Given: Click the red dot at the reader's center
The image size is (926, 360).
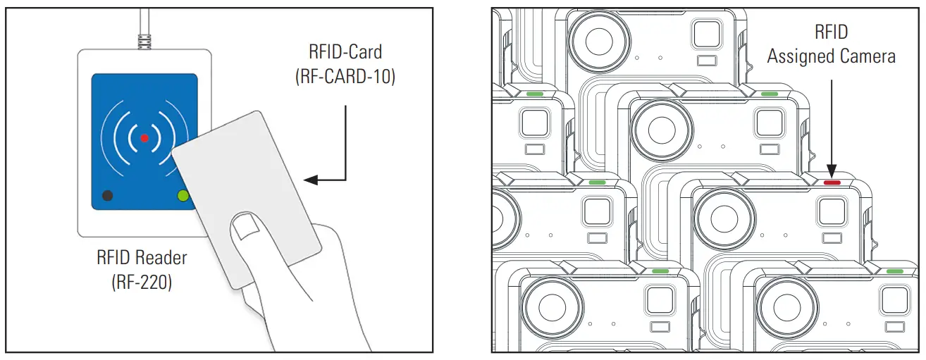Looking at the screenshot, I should coord(144,138).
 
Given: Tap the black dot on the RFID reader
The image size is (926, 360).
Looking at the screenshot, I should coord(107,196).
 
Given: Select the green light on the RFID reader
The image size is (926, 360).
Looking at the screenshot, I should coord(183,196).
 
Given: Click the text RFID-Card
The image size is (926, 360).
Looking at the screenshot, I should coord(345,52).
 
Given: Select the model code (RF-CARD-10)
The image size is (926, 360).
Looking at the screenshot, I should coord(345,76).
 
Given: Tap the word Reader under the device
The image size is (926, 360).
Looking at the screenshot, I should coord(162,258).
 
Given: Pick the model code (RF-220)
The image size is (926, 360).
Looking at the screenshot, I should coord(142,283).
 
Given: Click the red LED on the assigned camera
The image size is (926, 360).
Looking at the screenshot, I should coord(832,182).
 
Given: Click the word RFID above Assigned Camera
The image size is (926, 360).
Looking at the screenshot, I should coord(832,32).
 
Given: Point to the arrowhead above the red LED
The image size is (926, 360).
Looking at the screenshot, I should coord(832,168).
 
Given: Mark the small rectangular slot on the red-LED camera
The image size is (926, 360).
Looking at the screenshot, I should coord(831,238).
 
